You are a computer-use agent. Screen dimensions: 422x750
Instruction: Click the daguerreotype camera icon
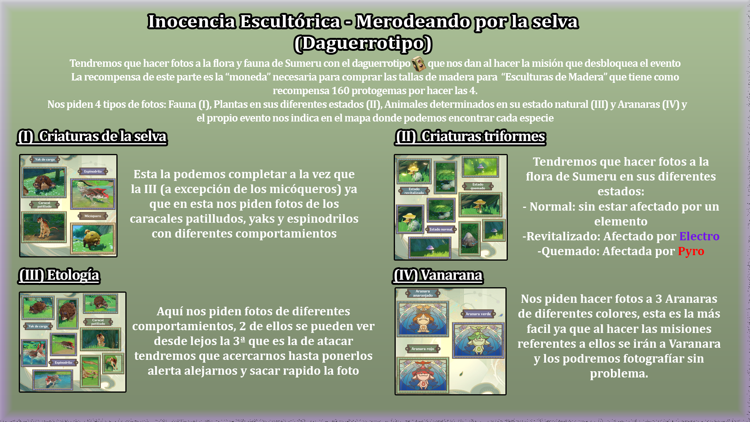point(419,64)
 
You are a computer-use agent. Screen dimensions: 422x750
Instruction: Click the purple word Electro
point(699,236)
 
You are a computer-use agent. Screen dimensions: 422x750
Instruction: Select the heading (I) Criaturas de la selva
point(92,136)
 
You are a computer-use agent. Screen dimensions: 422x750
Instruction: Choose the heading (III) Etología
point(59,275)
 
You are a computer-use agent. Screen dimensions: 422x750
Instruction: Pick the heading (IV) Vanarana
point(438,275)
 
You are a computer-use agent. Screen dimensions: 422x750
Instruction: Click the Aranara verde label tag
point(478,314)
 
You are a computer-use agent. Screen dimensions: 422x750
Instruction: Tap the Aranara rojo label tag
point(423,349)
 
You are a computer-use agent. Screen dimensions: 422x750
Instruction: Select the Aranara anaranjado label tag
point(423,293)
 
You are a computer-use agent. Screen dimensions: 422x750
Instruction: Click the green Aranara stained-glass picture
point(478,339)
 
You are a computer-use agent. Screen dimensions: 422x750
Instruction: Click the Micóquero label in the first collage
point(93,216)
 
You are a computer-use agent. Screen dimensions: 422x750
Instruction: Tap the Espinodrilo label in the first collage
point(93,171)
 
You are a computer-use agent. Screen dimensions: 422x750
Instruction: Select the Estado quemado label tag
point(478,186)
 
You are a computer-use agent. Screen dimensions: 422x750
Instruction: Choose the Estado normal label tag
point(441,229)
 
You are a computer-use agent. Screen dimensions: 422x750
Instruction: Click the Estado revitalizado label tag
point(414,191)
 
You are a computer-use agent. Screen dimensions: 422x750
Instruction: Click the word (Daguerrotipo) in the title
point(363,43)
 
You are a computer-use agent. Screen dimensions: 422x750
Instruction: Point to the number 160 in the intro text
point(340,91)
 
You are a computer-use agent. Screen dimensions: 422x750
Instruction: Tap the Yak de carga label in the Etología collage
point(38,326)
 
